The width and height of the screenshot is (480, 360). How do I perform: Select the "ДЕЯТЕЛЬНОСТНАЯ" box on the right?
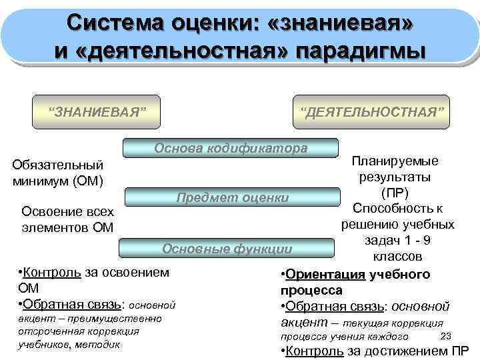[x=371, y=108]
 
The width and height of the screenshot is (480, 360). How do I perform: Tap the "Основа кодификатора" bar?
[x=231, y=149]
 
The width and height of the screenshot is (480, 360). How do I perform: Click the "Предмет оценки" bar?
[x=232, y=197]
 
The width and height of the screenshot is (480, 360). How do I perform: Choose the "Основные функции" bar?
[x=227, y=249]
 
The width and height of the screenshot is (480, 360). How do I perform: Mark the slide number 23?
[x=447, y=335]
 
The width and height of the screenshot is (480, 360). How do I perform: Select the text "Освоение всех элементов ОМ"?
[x=67, y=219]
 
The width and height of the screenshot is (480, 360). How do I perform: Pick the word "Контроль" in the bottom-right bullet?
[x=314, y=351]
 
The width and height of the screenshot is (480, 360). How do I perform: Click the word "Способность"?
[x=397, y=208]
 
